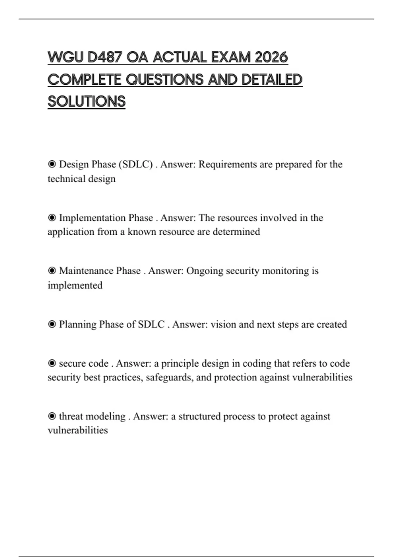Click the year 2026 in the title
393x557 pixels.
[x=271, y=58]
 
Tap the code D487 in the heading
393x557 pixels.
[x=105, y=58]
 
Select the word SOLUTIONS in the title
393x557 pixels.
[x=86, y=102]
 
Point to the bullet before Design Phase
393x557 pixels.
[x=52, y=164]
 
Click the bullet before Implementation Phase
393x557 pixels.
[x=52, y=218]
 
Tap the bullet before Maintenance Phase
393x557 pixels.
[x=52, y=271]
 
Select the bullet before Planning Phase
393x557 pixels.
[x=52, y=324]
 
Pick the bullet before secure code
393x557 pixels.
[x=52, y=363]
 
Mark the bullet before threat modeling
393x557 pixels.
[x=52, y=416]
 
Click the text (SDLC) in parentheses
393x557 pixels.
[x=136, y=164]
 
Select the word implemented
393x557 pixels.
[x=75, y=285]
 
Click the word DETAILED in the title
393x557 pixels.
[x=272, y=80]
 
